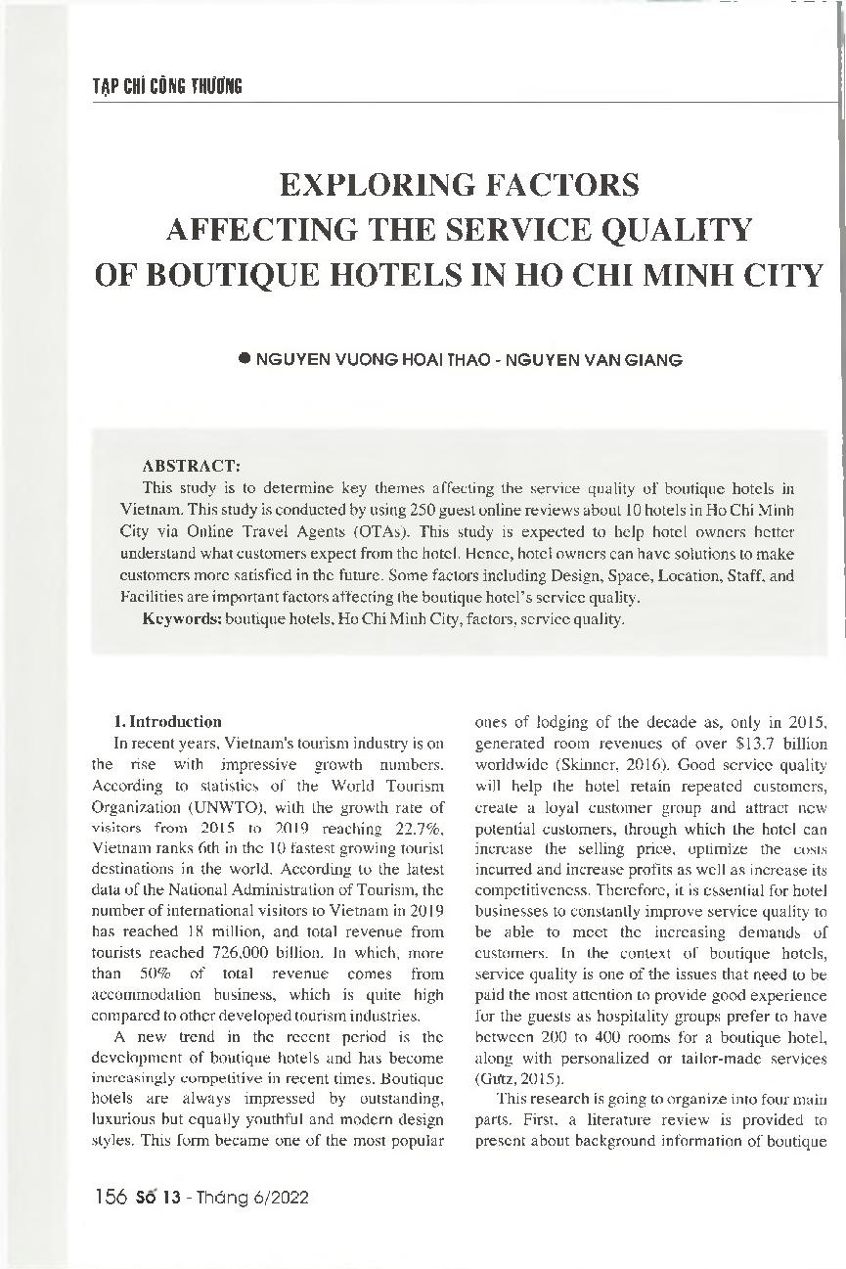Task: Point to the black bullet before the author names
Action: coord(245,358)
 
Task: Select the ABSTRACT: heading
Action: coord(185,466)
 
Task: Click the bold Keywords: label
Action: coord(182,619)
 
